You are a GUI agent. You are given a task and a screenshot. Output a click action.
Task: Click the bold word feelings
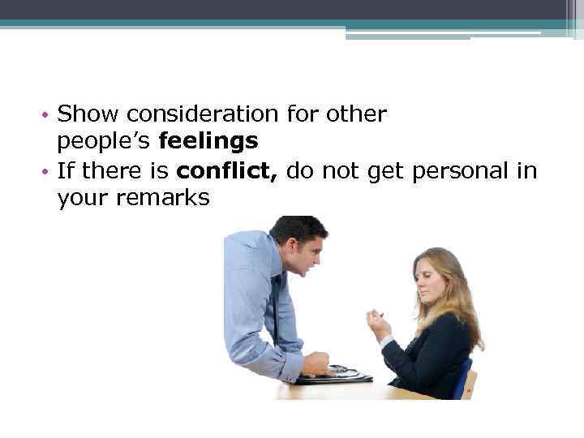[208, 142]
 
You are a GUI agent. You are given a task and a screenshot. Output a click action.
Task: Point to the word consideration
[200, 114]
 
